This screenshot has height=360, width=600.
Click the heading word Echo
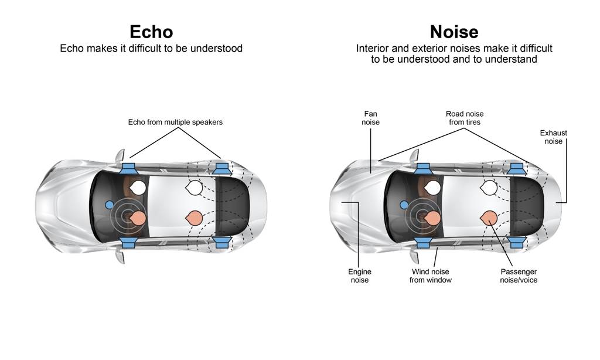(x=151, y=31)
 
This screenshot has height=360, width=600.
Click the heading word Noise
(x=454, y=31)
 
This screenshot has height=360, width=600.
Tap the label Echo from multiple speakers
(x=175, y=122)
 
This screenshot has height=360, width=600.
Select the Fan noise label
(x=371, y=118)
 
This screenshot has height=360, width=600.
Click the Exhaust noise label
(x=553, y=137)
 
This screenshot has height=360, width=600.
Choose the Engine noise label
(x=359, y=276)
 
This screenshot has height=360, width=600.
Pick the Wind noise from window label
(x=431, y=276)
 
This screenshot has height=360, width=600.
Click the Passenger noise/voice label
(x=519, y=276)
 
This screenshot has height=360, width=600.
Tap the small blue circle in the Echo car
(x=109, y=205)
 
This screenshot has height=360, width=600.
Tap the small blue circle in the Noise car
(x=404, y=205)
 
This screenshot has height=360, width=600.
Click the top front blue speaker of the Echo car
(x=128, y=168)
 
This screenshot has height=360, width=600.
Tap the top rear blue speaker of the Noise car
(x=516, y=168)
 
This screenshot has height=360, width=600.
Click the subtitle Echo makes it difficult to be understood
(x=151, y=48)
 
